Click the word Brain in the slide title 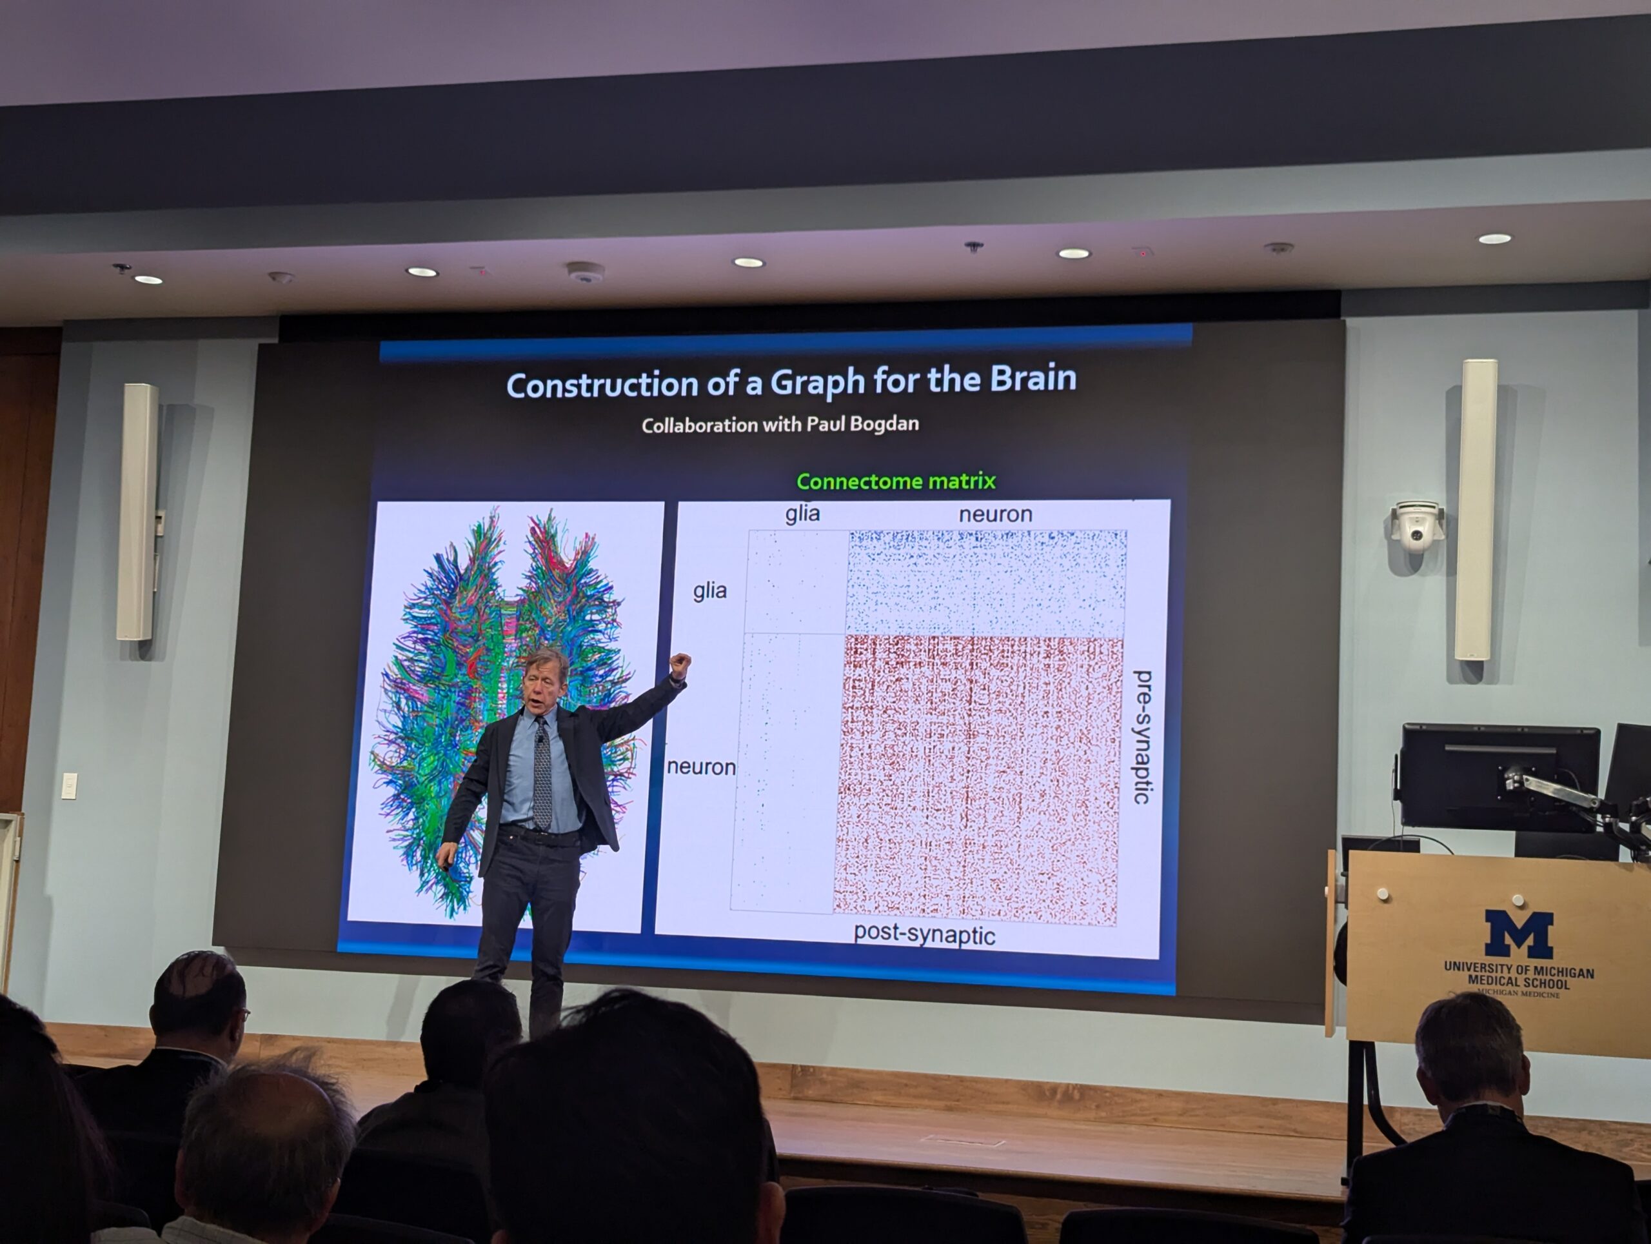(1033, 379)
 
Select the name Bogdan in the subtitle (884, 423)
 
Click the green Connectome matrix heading (896, 481)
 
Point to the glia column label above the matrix (802, 513)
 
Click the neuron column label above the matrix (995, 514)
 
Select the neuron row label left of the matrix (701, 767)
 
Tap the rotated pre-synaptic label (1142, 736)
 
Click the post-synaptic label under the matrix (924, 934)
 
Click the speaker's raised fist (680, 665)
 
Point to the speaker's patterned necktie (542, 772)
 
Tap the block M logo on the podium (1518, 934)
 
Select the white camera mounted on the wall (1416, 525)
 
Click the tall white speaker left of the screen (137, 512)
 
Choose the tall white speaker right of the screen (1476, 510)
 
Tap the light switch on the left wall (68, 785)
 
